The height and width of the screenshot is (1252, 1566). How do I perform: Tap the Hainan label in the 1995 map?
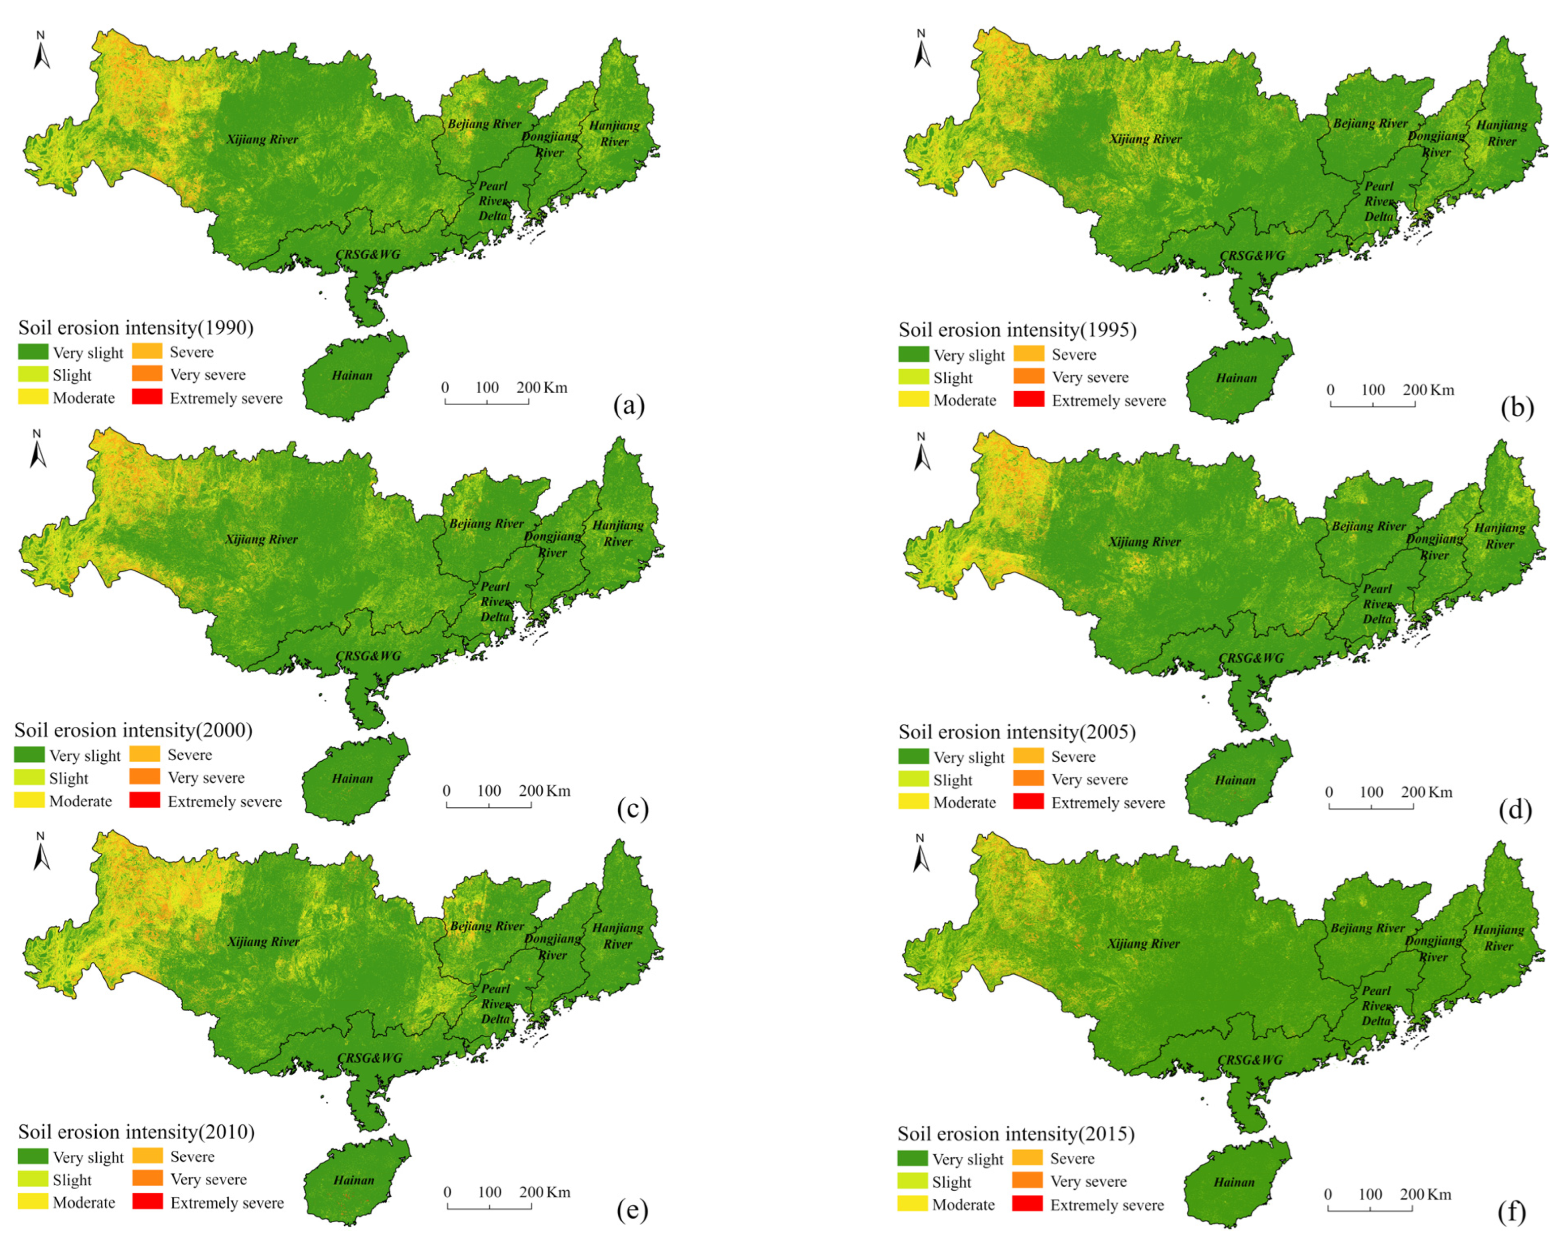(x=1236, y=378)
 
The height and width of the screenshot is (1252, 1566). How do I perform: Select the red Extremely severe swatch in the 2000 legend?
(x=144, y=800)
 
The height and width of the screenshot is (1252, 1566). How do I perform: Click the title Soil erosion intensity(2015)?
(x=1016, y=1133)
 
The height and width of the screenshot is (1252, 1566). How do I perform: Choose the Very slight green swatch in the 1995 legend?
(x=913, y=355)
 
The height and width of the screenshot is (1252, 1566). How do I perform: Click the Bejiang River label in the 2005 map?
(x=1369, y=526)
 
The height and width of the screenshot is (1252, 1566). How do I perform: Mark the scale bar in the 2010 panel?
(x=489, y=1207)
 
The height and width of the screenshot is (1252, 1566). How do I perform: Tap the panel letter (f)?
(x=1512, y=1211)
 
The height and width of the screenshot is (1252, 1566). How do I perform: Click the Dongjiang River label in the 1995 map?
(x=1436, y=144)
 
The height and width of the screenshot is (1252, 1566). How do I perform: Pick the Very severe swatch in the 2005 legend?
(x=1028, y=779)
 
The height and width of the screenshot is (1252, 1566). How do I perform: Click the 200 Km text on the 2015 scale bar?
(x=1426, y=1194)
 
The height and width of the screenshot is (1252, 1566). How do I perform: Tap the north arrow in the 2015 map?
(x=920, y=854)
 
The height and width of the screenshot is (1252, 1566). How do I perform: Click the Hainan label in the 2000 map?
(x=352, y=778)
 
